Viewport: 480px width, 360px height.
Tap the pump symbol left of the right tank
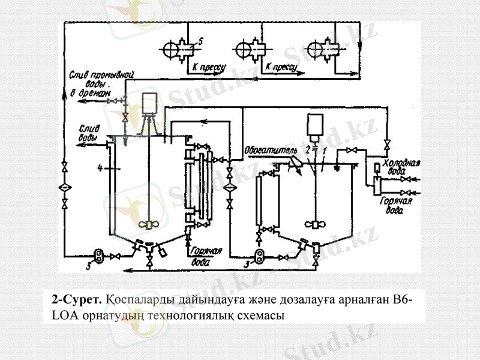[259, 256]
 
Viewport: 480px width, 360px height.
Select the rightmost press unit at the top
[316, 49]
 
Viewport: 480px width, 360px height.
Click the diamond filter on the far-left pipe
[65, 188]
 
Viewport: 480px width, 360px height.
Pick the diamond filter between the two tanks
[230, 188]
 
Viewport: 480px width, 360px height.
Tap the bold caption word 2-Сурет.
[77, 299]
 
